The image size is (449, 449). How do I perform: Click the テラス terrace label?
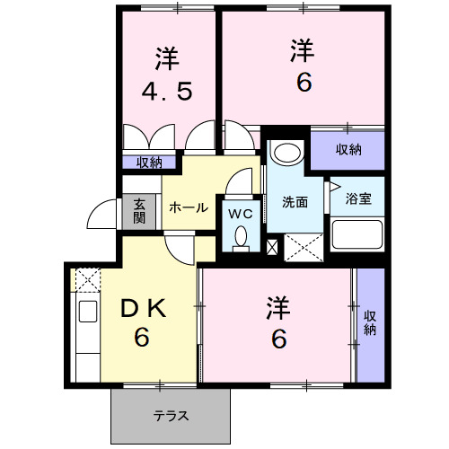170,415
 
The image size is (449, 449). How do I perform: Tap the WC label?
239,214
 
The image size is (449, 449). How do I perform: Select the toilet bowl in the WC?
240,237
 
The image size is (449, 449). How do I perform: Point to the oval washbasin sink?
286,152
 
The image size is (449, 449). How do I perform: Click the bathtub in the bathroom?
357,235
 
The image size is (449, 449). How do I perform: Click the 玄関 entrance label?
139,211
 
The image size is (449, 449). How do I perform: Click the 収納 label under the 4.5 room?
149,163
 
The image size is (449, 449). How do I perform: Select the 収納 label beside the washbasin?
348,150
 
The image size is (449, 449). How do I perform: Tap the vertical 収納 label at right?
369,323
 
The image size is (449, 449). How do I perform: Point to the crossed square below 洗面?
304,245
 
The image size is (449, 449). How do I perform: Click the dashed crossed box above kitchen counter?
87,281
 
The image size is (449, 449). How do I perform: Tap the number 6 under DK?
141,339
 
